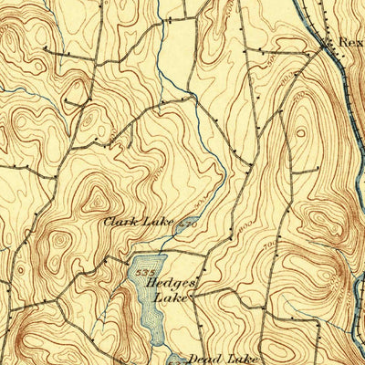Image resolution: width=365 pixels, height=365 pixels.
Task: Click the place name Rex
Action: [x=349, y=42]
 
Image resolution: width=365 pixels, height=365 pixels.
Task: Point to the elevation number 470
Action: [x=188, y=222]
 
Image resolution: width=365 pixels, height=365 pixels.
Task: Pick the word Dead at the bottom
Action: [x=202, y=358]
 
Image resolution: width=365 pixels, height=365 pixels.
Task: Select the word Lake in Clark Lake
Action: [x=157, y=222]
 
